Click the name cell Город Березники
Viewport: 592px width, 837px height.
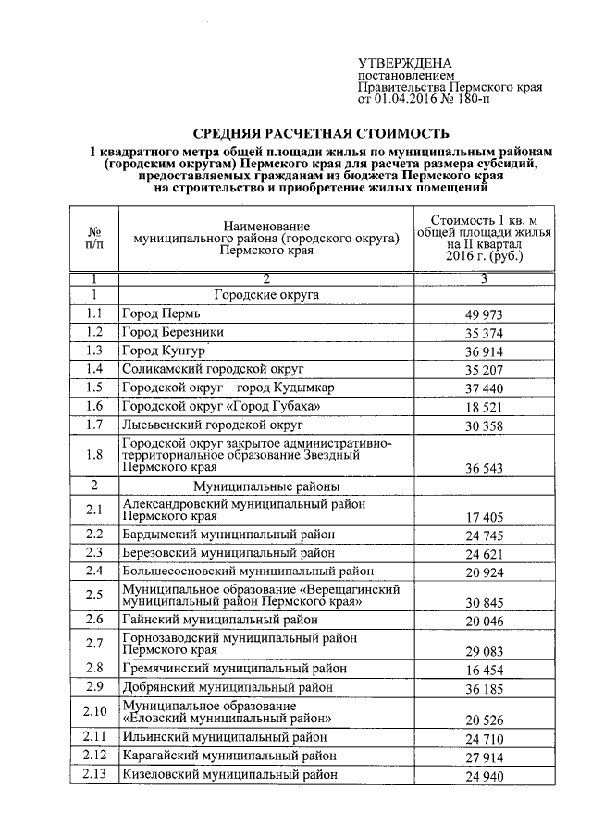(x=173, y=332)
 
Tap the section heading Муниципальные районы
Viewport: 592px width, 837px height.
(x=266, y=486)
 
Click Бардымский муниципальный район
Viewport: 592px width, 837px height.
(x=228, y=535)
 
